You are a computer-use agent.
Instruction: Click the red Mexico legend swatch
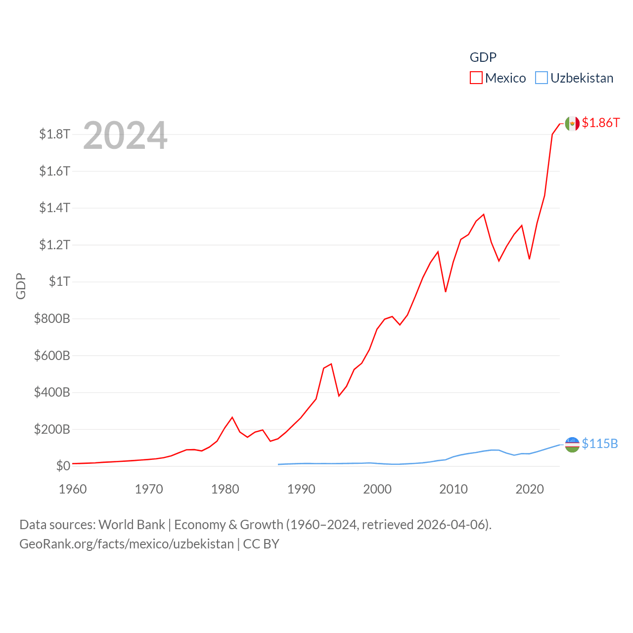click(476, 78)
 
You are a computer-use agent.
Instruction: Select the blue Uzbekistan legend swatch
click(542, 78)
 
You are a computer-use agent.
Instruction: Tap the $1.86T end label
click(600, 123)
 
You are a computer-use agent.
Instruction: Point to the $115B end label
click(599, 444)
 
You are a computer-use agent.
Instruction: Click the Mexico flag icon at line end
click(572, 124)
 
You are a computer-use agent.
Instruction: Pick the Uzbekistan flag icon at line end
click(572, 445)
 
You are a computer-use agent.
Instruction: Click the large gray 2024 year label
click(125, 136)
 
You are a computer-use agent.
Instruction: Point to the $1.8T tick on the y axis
click(54, 135)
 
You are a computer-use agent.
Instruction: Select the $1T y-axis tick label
click(59, 282)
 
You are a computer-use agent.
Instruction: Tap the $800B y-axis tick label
click(52, 318)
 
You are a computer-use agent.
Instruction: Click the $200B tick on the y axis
click(52, 429)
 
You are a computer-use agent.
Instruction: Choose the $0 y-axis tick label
click(63, 466)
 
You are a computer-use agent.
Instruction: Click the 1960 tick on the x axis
click(73, 490)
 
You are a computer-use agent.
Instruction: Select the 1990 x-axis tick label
click(301, 490)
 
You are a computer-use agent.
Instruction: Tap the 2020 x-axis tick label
click(530, 490)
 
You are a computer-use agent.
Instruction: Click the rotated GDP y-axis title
click(21, 286)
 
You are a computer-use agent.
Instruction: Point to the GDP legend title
click(483, 57)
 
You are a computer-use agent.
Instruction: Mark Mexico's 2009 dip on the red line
click(446, 291)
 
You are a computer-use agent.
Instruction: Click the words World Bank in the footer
click(132, 525)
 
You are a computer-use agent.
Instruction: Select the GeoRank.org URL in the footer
click(126, 544)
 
